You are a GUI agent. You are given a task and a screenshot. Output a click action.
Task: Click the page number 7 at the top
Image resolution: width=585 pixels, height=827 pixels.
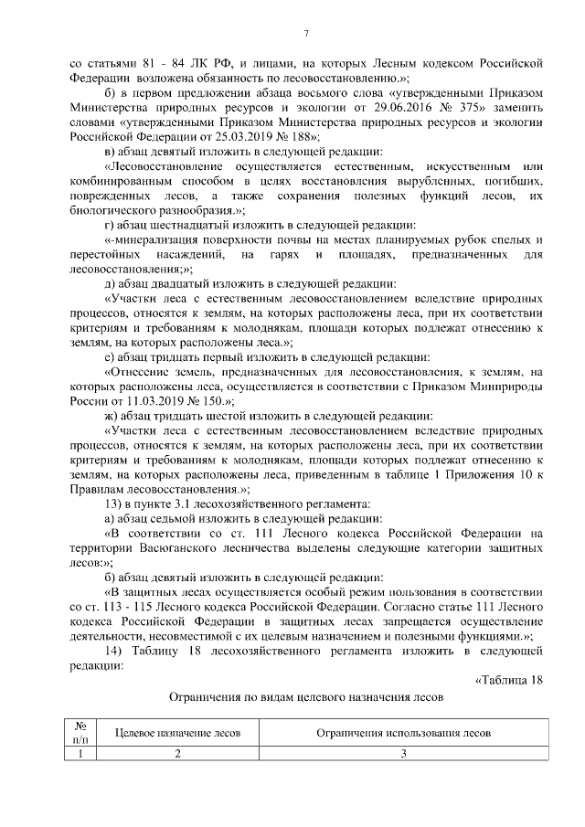[306, 34]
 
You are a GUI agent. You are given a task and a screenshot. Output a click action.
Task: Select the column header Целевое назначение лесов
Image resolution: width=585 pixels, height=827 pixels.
[177, 734]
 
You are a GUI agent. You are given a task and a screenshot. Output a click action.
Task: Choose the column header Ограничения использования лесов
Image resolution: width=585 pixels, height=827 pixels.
[403, 734]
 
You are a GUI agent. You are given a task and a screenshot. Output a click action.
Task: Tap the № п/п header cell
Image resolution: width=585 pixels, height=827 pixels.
[80, 734]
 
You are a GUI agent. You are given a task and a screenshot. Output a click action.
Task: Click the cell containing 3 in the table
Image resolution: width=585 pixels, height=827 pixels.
[403, 754]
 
